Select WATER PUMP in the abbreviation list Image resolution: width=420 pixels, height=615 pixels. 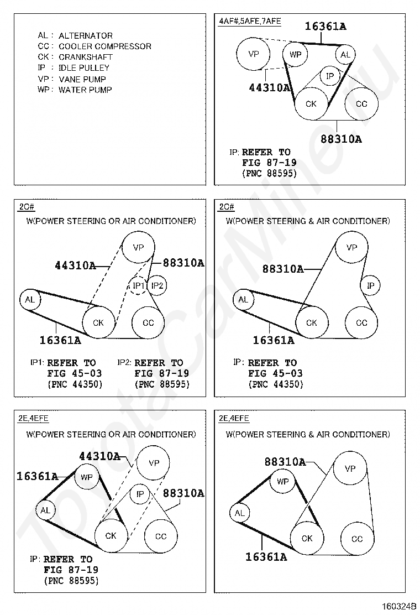tap(85, 90)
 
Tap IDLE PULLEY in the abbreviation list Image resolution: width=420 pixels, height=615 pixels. tap(84, 68)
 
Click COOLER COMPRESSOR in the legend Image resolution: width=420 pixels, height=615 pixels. tap(104, 46)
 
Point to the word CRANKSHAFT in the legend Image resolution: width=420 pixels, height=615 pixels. tap(85, 57)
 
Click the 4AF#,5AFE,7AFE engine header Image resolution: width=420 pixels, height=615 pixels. tap(250, 21)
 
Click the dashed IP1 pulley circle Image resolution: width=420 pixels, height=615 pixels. tap(139, 285)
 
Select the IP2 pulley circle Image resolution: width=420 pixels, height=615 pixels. tap(158, 285)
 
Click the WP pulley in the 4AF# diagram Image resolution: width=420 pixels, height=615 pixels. tap(296, 54)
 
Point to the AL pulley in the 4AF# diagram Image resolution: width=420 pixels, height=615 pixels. tap(345, 54)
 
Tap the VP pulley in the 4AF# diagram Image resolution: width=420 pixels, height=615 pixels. tap(254, 54)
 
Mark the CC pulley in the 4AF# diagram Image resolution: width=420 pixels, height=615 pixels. tap(361, 103)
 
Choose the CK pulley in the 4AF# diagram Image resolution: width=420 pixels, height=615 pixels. tap(311, 103)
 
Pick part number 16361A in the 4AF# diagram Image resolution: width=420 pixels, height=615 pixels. tap(326, 26)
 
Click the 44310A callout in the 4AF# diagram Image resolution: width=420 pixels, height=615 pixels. tap(270, 87)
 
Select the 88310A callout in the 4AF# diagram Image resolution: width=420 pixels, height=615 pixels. tap(341, 139)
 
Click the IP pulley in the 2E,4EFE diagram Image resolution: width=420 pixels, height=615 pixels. tap(140, 494)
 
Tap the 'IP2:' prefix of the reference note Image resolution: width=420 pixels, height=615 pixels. tap(124, 363)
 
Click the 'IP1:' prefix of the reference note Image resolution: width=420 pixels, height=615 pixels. tap(37, 363)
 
